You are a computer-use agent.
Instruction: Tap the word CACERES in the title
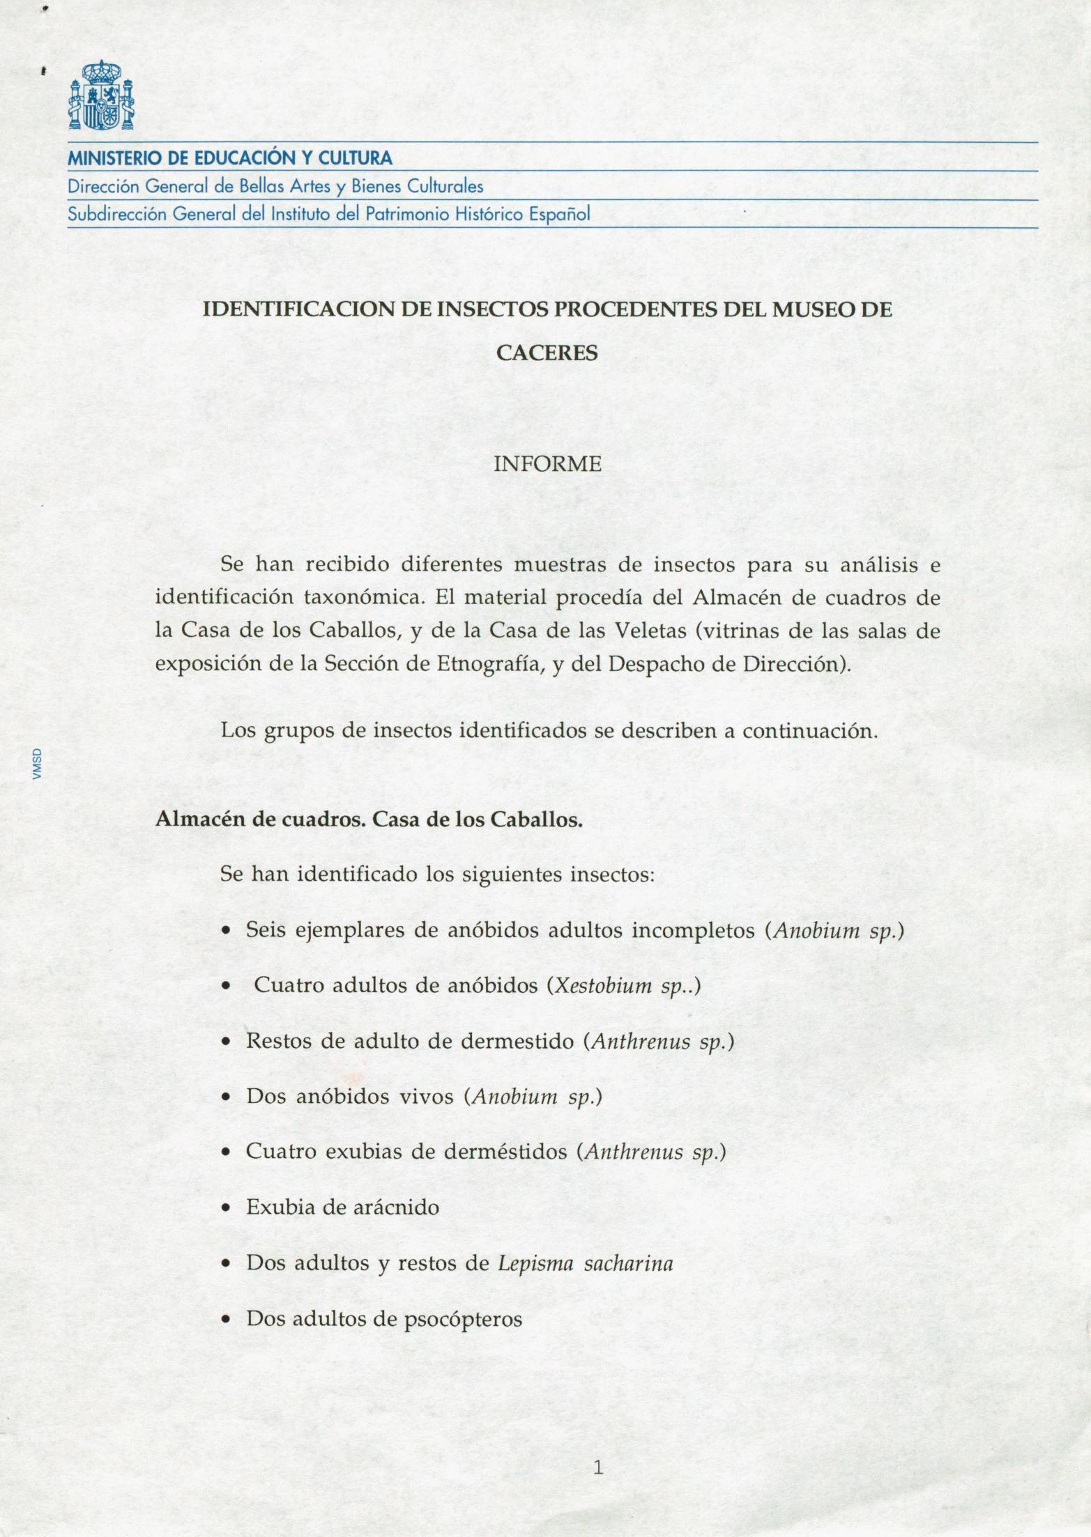tap(547, 353)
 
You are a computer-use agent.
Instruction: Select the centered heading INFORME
tap(547, 464)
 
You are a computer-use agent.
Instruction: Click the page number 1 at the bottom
tap(597, 1449)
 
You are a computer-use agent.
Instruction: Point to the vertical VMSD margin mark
tap(39, 764)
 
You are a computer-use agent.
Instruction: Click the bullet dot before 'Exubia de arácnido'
tap(226, 1209)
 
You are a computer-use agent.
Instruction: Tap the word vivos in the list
tap(426, 1097)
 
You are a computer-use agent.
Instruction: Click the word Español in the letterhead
tap(560, 214)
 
